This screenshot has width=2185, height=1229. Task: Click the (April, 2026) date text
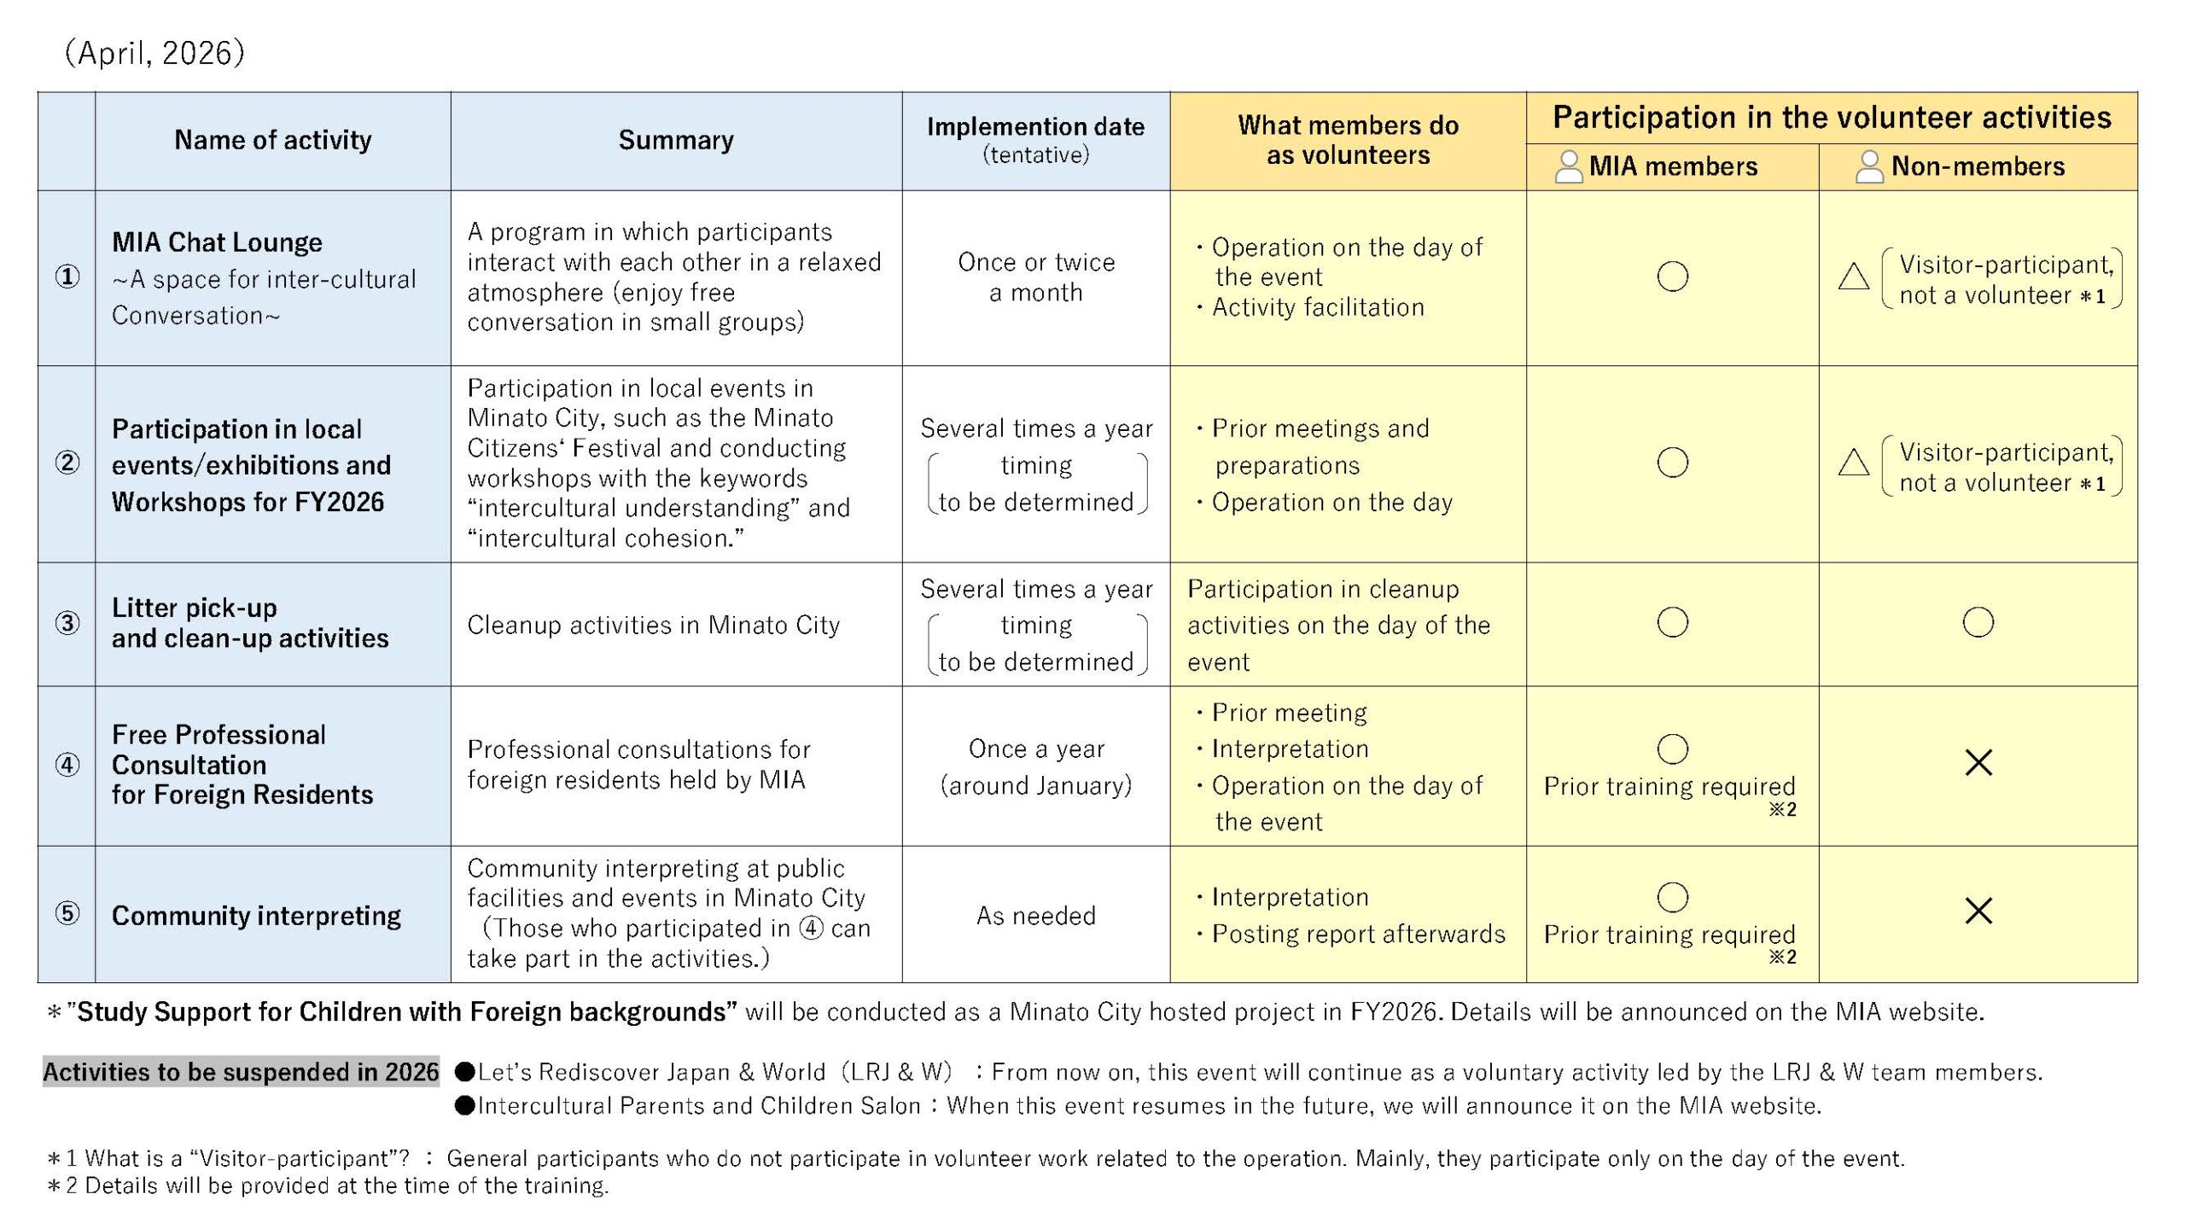coord(154,53)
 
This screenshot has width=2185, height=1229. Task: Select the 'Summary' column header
coord(676,140)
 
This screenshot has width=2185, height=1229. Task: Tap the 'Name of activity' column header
coord(273,140)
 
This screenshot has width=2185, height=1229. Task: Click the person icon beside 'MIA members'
coord(1568,166)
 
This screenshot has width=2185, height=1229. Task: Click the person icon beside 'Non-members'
coord(1869,166)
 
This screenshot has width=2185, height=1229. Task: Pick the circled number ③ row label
coord(67,623)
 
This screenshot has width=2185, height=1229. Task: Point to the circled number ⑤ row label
coord(67,914)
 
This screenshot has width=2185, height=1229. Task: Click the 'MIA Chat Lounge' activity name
coord(218,242)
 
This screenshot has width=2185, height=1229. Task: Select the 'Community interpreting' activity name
coord(256,916)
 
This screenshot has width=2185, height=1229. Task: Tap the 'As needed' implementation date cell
coord(1035,916)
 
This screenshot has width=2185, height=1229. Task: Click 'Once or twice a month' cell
coord(1035,277)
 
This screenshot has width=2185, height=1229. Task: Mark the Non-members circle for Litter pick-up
coord(1978,622)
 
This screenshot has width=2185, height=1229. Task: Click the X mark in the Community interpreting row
coord(1978,911)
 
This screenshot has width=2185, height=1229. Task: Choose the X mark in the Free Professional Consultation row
coord(1978,762)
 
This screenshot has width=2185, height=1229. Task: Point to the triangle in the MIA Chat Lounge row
coord(1853,277)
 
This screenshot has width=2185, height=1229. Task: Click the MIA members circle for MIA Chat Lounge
coord(1672,277)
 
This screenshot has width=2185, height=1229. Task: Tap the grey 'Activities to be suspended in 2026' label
coord(241,1072)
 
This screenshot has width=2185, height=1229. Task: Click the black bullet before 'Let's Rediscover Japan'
coord(465,1072)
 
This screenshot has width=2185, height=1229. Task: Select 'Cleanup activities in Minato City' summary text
coord(654,625)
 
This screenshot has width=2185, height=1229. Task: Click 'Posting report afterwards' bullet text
coord(1358,934)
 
